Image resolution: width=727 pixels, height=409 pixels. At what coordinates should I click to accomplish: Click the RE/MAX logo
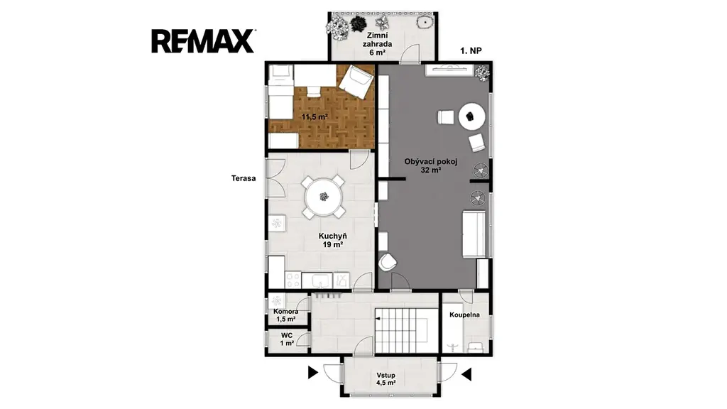pyautogui.click(x=203, y=41)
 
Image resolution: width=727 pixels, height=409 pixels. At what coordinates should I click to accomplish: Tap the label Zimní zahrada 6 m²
pyautogui.click(x=378, y=44)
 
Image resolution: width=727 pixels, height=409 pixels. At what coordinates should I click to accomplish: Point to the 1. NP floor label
pyautogui.click(x=471, y=51)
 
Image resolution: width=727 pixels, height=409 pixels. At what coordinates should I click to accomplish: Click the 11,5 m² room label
pyautogui.click(x=315, y=117)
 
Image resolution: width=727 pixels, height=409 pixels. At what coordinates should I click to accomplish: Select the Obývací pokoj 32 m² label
pyautogui.click(x=431, y=166)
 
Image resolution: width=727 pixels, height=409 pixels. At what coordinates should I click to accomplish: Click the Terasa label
pyautogui.click(x=244, y=178)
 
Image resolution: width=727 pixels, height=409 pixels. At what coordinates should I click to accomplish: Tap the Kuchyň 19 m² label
pyautogui.click(x=333, y=240)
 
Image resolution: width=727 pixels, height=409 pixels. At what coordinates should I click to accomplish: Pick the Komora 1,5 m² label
pyautogui.click(x=285, y=315)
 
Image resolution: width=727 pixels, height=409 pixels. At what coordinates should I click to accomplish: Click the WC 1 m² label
pyautogui.click(x=287, y=339)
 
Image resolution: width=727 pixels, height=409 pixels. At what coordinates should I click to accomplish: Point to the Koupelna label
pyautogui.click(x=464, y=315)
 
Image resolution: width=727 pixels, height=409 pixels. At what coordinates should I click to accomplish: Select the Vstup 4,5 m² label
pyautogui.click(x=386, y=379)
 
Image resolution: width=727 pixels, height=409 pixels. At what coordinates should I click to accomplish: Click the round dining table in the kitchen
pyautogui.click(x=324, y=197)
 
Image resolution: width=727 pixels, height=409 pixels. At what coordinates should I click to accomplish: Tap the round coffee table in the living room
pyautogui.click(x=472, y=116)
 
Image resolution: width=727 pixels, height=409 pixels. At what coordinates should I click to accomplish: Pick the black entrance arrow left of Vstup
pyautogui.click(x=313, y=372)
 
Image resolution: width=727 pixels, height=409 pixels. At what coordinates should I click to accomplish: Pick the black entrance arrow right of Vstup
pyautogui.click(x=466, y=374)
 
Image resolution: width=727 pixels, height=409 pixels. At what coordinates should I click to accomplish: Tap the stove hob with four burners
pyautogui.click(x=293, y=280)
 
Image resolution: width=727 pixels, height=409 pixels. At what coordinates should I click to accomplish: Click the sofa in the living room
pyautogui.click(x=474, y=233)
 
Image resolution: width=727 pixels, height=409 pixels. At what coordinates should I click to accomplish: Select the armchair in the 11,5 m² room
pyautogui.click(x=356, y=82)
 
